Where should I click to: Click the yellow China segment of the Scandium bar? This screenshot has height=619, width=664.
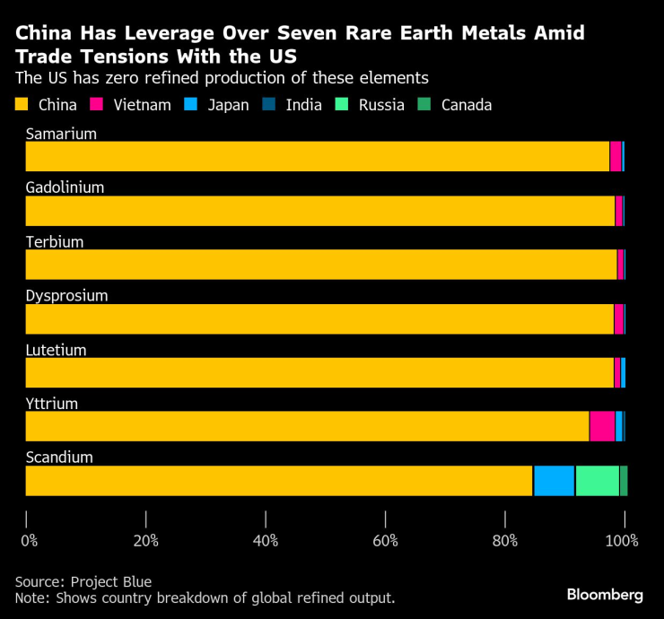point(279,481)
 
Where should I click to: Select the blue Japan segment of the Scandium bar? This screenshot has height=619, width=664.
point(554,481)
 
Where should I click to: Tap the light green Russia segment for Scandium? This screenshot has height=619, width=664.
point(597,481)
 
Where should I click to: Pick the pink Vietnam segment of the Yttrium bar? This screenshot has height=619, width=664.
point(602,426)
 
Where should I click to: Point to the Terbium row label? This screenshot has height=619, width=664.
point(55,241)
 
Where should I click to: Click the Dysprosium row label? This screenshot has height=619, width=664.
point(66,295)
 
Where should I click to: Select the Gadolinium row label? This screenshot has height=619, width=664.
point(65,187)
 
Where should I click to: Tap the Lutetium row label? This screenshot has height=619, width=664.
point(56,350)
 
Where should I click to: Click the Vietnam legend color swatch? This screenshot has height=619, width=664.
point(97,105)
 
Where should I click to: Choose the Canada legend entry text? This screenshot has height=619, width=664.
point(466,105)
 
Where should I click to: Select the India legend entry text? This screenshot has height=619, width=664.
point(304,105)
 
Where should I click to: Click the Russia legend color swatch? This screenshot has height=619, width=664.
point(342,105)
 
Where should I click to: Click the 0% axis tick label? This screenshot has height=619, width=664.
point(29,540)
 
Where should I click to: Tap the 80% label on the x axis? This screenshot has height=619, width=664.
point(505,540)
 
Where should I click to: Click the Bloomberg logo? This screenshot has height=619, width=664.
point(604,595)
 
